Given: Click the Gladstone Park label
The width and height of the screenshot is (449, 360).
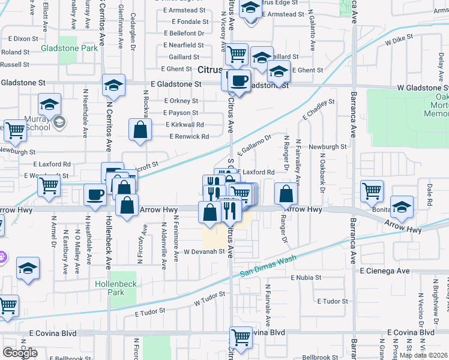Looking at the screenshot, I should [70, 47].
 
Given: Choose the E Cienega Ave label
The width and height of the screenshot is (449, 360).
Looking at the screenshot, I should [385, 271].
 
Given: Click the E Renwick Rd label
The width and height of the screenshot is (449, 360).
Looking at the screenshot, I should [189, 137].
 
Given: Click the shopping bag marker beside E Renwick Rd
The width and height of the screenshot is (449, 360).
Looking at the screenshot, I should [140, 130].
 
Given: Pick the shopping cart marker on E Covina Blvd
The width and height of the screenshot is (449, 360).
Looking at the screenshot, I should [241, 337].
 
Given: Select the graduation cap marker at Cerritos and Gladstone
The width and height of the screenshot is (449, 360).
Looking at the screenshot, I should [113, 85].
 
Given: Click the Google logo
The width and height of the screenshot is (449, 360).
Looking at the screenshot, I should [20, 353].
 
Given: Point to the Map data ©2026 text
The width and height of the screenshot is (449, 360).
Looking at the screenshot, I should [423, 355].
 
